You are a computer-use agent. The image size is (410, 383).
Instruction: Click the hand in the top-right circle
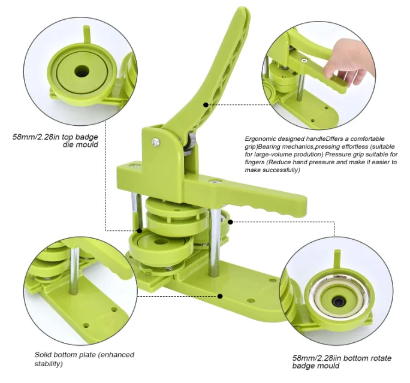coord(350,63)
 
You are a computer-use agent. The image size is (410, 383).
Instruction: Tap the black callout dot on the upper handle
coord(206,104)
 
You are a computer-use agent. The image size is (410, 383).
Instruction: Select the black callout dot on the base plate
coord(221,296)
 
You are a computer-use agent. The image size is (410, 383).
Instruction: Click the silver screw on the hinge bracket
coord(155,142)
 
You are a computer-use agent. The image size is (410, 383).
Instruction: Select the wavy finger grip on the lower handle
coord(270,209)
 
